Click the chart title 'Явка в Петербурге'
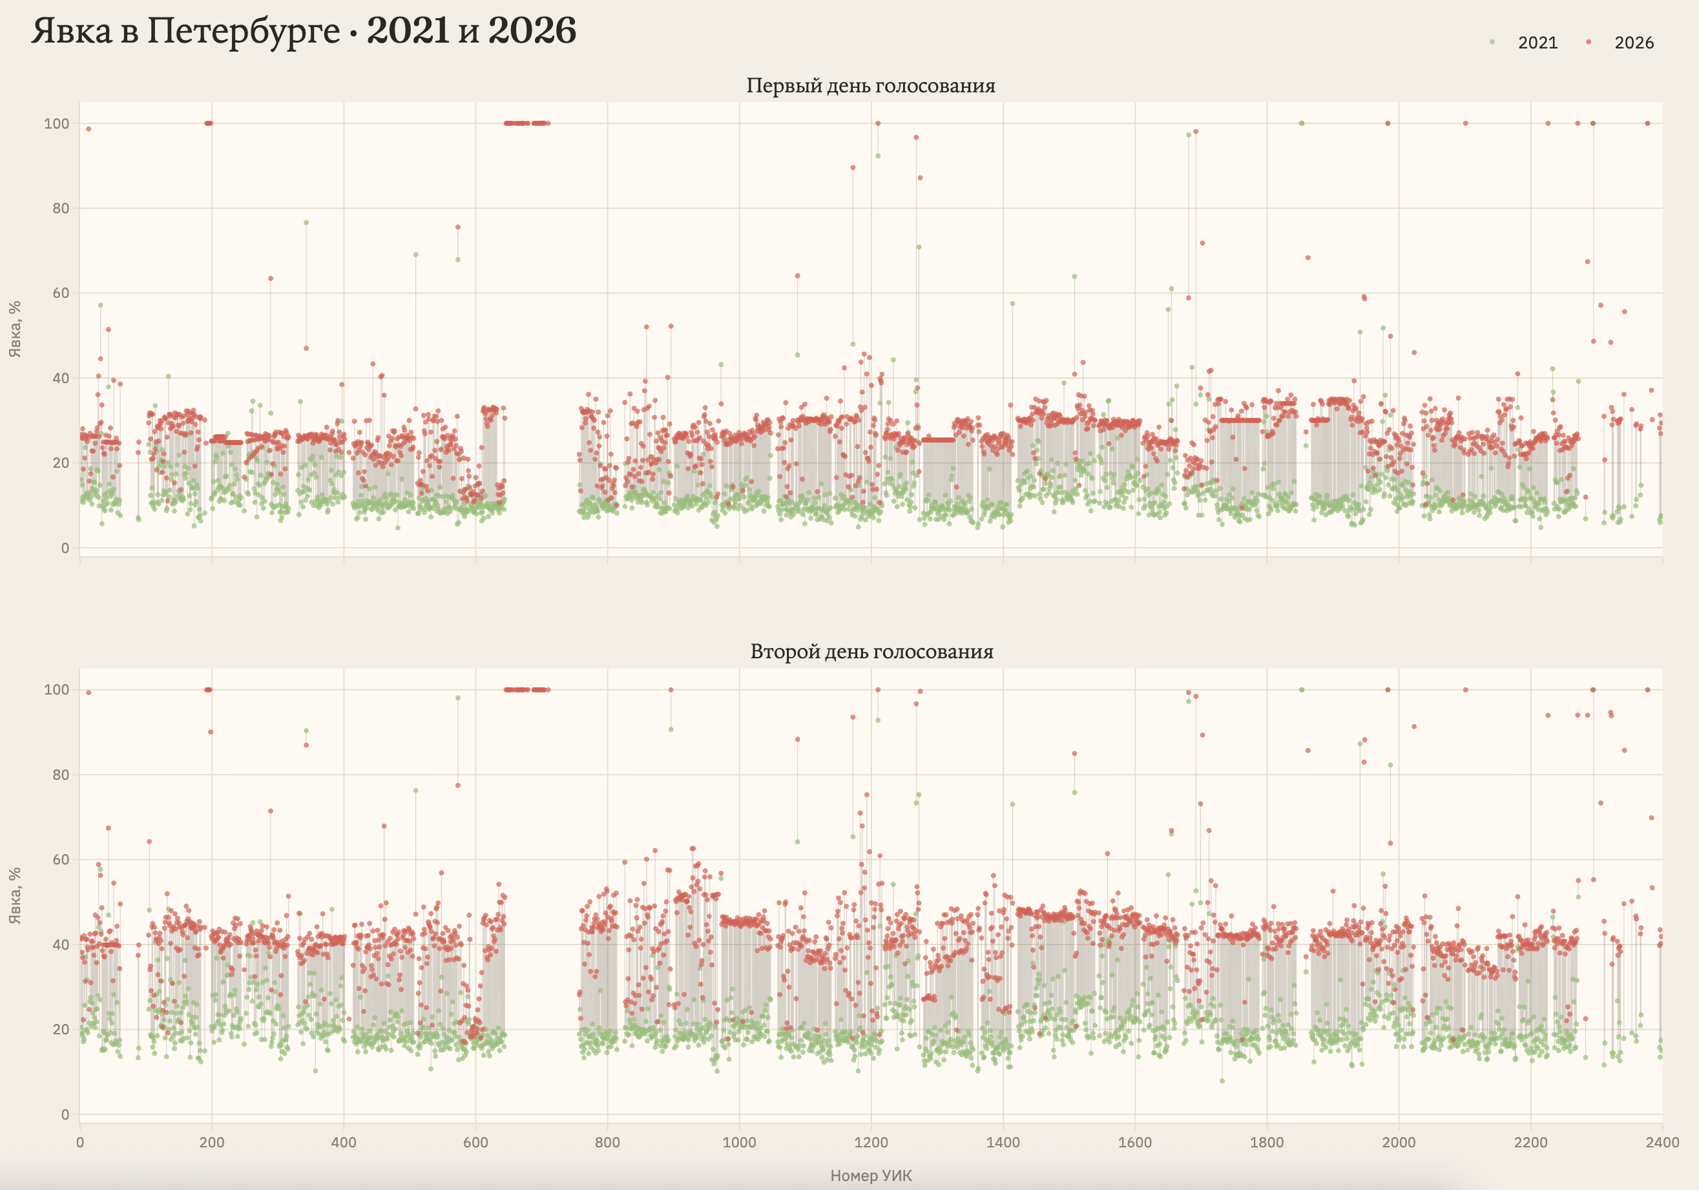(x=185, y=31)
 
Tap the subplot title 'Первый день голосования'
(x=870, y=86)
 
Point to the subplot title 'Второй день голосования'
(x=871, y=652)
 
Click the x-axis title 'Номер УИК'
(x=871, y=1176)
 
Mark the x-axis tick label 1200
(x=871, y=1142)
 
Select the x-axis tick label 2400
(x=1662, y=1142)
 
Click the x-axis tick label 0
(x=80, y=1142)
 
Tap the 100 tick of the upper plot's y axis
(x=57, y=123)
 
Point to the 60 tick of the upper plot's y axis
(x=61, y=293)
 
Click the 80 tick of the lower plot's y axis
(x=61, y=775)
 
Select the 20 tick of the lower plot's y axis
(x=61, y=1029)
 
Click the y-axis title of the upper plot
(x=15, y=329)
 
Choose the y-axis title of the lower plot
(x=15, y=895)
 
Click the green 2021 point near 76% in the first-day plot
(x=306, y=223)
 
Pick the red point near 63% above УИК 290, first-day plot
(x=271, y=278)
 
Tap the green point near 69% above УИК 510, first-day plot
(x=416, y=255)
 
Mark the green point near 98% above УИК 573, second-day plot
(x=458, y=698)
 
